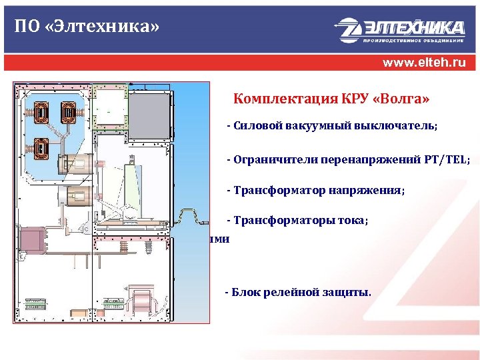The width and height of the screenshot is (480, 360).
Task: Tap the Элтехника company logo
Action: coord(399,29)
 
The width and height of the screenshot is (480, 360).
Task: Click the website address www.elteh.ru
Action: coord(424,64)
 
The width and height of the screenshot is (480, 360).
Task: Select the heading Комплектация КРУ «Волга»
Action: coord(331,100)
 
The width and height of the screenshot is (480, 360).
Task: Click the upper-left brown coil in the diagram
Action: coord(41,114)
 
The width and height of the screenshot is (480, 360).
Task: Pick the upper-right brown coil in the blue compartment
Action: coord(67,114)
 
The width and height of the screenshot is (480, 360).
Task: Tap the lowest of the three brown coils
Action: coord(41,146)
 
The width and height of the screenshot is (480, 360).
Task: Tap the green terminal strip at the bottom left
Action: coord(36,304)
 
